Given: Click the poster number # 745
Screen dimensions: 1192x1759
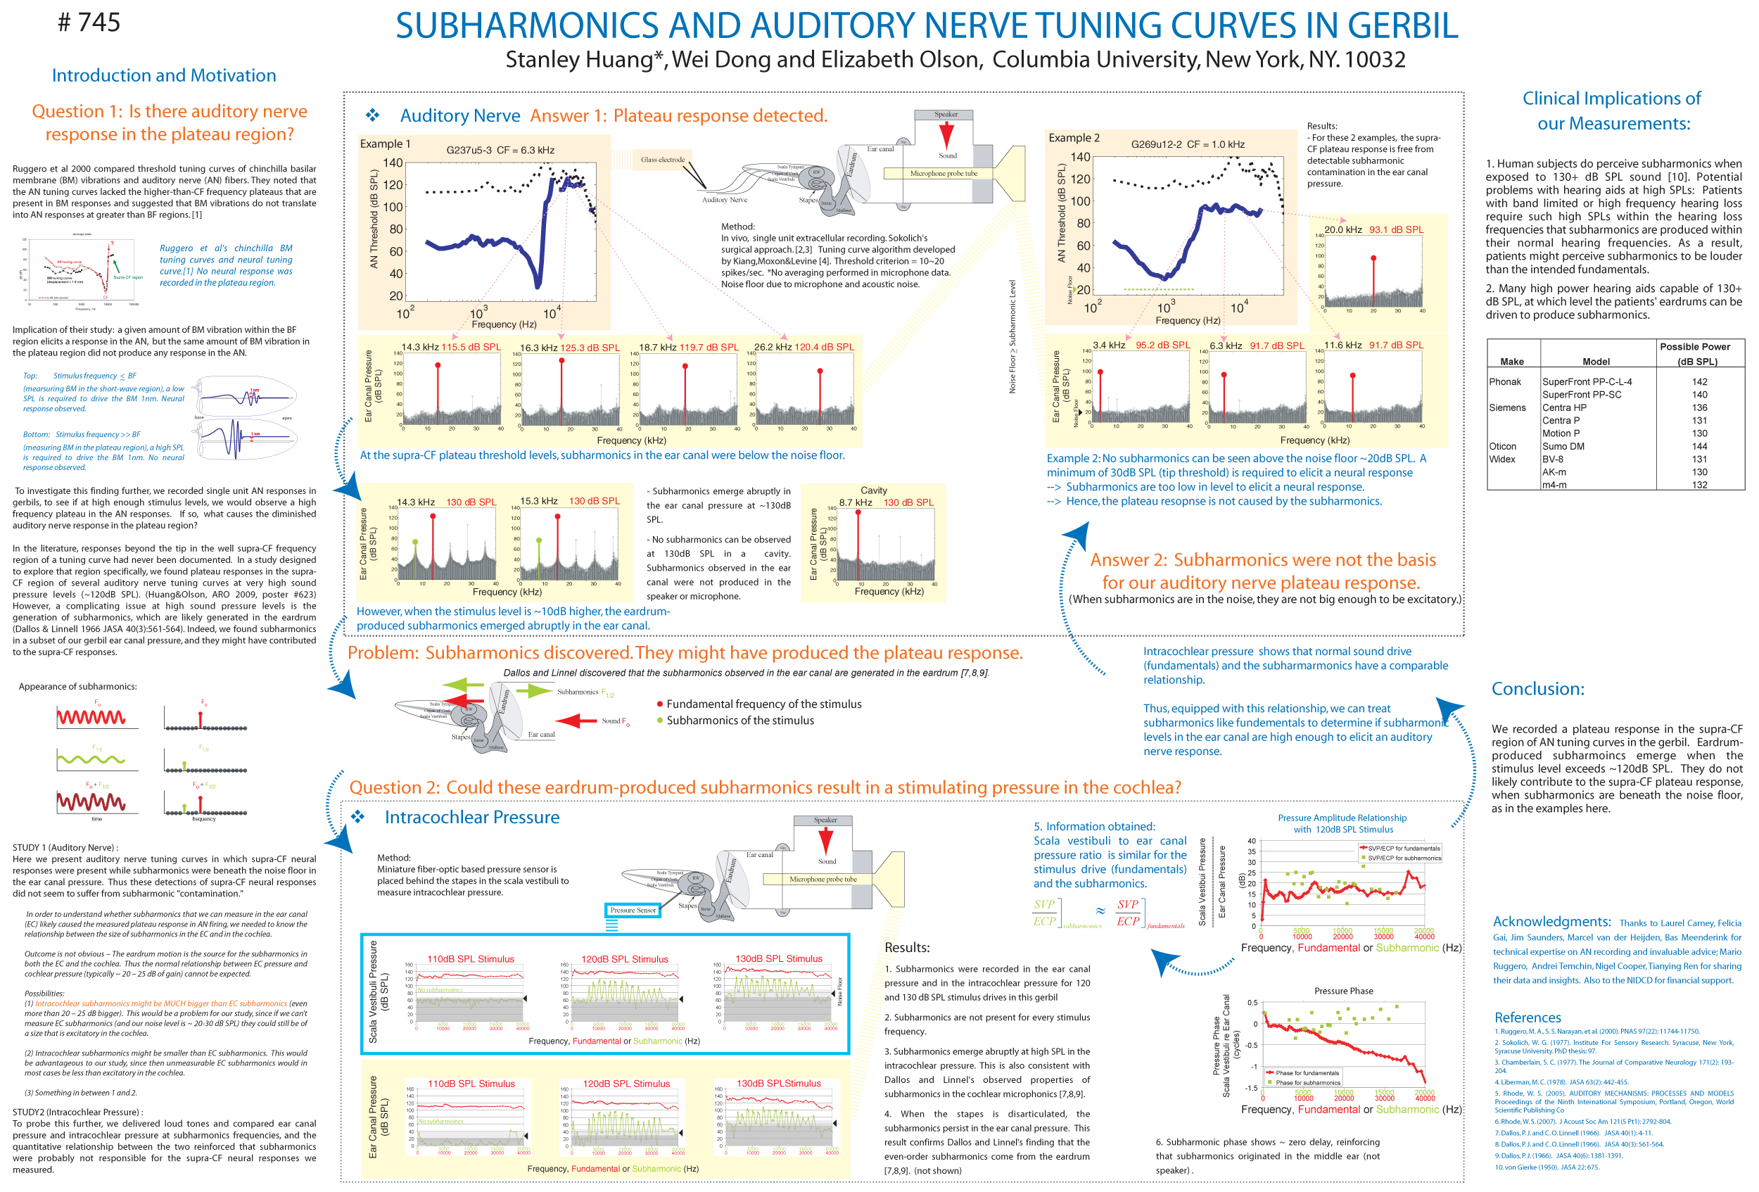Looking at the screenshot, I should tap(89, 23).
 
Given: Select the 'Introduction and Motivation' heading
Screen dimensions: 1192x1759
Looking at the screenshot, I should tap(163, 76).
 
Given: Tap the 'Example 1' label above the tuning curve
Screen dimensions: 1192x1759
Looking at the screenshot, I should tap(386, 144).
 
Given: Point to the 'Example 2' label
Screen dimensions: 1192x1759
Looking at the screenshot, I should tap(1073, 138).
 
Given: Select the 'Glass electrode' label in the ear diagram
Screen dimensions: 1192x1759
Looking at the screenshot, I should tap(662, 160).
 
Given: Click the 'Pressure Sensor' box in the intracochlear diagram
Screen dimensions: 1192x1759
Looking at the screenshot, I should tap(633, 910).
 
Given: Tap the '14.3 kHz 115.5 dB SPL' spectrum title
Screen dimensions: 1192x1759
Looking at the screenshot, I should tap(451, 348).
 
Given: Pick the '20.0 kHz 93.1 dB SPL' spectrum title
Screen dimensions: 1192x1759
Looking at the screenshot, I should tap(1373, 229).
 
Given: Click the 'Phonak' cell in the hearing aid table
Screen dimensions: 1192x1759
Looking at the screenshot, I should tap(1505, 381).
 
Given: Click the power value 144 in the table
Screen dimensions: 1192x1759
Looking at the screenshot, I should tap(1699, 446).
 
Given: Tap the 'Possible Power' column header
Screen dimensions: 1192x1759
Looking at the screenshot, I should tap(1695, 347).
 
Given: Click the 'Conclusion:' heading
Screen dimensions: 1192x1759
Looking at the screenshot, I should tap(1537, 689).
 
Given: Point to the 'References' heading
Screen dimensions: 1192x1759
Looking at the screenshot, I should tap(1528, 1017).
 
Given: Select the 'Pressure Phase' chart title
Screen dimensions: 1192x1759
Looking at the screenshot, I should tap(1342, 991).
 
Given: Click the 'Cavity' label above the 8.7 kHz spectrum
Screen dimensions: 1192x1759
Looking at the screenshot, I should tap(873, 490).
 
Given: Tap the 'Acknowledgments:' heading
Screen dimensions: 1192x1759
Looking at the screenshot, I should tap(1551, 921).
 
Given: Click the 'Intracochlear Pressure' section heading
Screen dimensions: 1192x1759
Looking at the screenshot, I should tap(471, 818).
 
